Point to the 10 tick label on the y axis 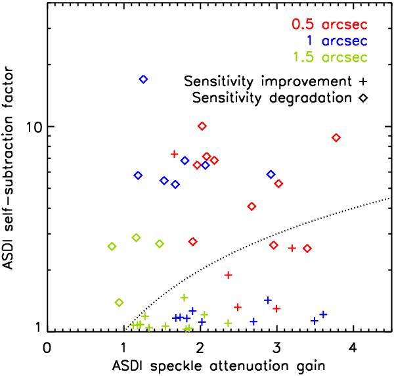[x=28, y=126]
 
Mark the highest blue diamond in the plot [x=144, y=79]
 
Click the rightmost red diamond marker [x=336, y=137]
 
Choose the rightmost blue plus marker [x=322, y=314]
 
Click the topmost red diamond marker [x=202, y=126]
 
